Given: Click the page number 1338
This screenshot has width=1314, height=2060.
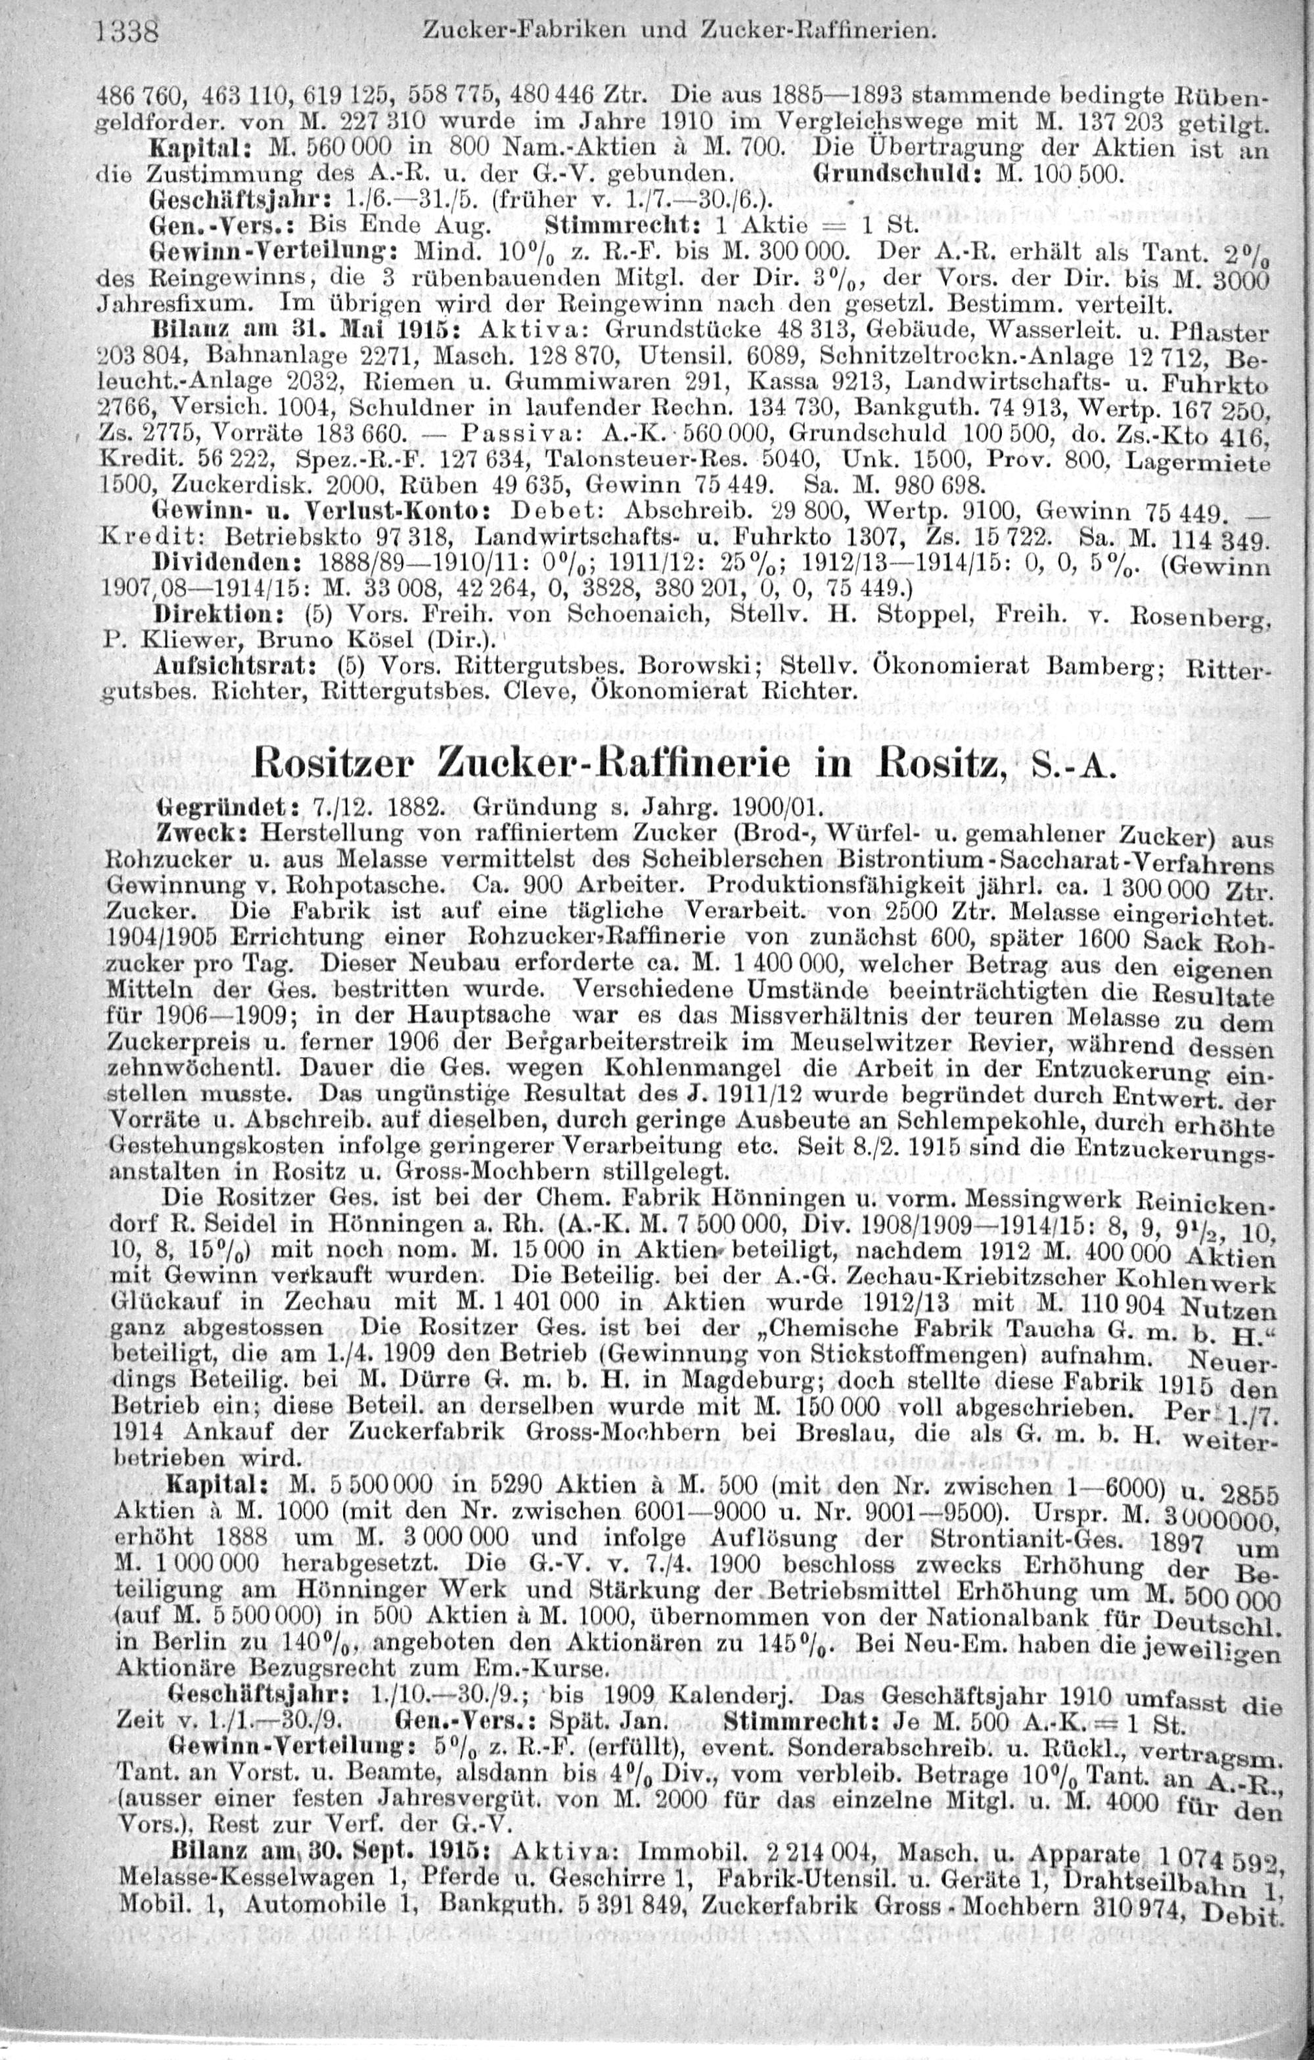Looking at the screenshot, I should (131, 32).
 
